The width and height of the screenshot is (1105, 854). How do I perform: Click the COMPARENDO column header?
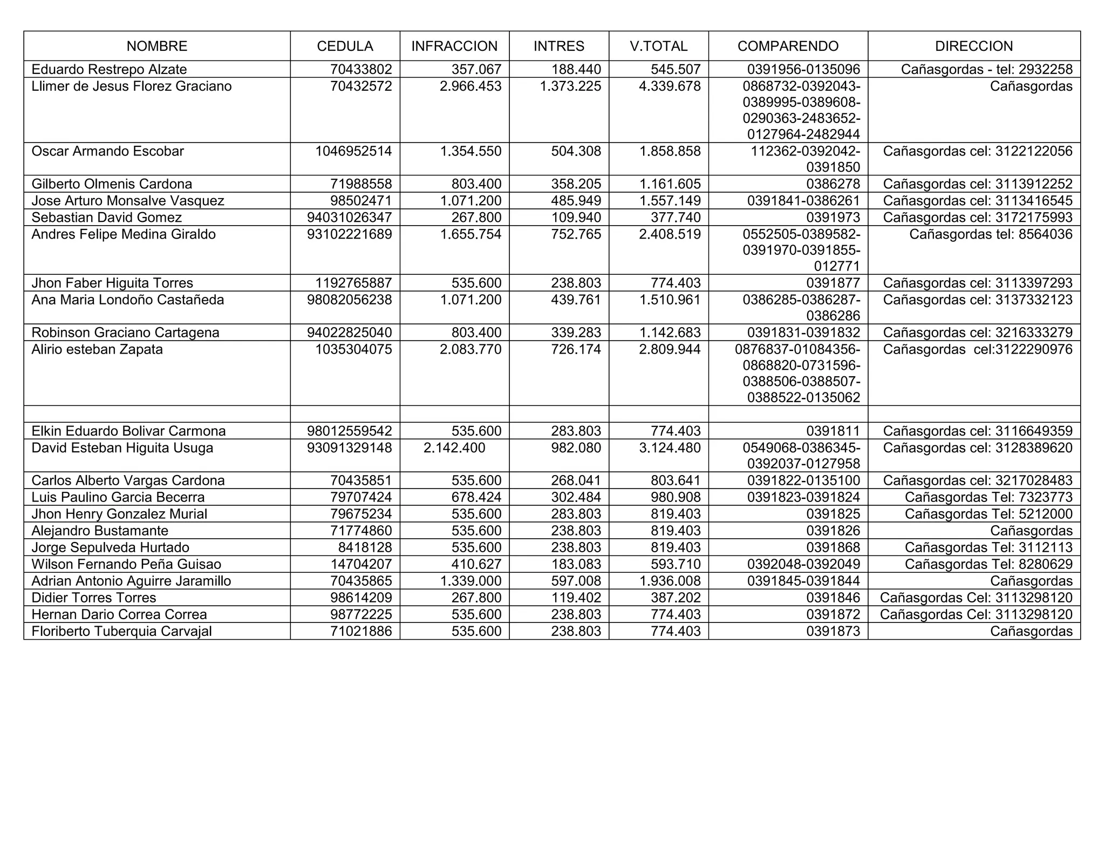click(788, 46)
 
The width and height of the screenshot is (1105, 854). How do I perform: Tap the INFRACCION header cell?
click(454, 46)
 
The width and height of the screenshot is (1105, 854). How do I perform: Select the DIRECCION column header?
click(974, 46)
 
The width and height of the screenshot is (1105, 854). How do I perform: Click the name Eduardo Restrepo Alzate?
click(109, 70)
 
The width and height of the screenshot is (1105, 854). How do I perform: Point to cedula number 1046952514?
click(353, 151)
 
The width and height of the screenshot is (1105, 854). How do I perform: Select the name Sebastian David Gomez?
click(107, 218)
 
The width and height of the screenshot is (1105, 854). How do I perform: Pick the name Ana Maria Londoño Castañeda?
click(128, 300)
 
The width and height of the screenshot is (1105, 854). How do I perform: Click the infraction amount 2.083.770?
click(470, 350)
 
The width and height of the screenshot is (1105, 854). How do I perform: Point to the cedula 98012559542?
click(350, 431)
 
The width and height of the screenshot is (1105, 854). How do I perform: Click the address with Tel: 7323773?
click(988, 497)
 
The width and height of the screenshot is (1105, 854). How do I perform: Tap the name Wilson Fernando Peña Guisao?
click(126, 564)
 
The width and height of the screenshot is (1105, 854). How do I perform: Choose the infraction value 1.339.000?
click(470, 581)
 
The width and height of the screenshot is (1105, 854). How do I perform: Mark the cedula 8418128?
click(365, 547)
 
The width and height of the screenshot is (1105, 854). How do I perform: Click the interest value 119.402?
click(576, 598)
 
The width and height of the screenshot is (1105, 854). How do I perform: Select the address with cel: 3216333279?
click(978, 333)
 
